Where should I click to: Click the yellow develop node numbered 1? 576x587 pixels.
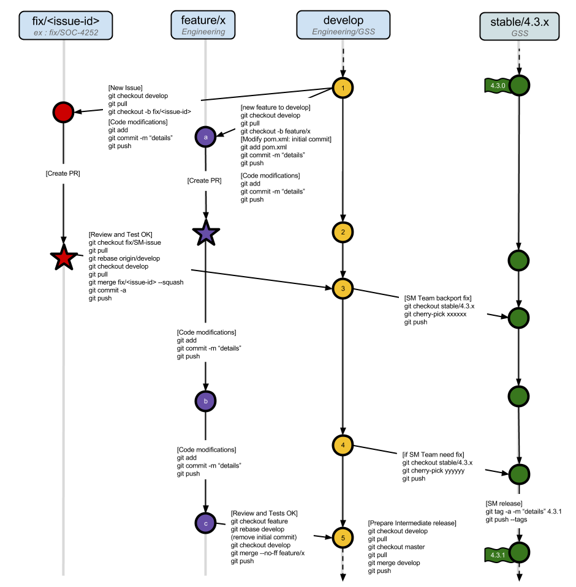(x=343, y=88)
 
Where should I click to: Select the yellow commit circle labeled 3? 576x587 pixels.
(x=343, y=288)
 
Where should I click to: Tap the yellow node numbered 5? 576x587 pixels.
(x=343, y=538)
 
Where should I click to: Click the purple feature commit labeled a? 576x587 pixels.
(x=205, y=137)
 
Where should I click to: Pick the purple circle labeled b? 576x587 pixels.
(x=205, y=402)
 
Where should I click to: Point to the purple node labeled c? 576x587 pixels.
(x=205, y=523)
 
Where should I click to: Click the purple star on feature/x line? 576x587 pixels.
(x=206, y=233)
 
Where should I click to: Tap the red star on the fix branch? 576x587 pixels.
(x=64, y=258)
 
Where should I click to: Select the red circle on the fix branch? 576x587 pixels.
(x=64, y=112)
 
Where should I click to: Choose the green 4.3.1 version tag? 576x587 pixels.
(x=497, y=555)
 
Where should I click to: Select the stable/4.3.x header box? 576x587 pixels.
(x=519, y=26)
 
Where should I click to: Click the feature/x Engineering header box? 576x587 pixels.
(x=203, y=24)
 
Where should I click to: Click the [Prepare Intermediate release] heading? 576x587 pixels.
(x=412, y=523)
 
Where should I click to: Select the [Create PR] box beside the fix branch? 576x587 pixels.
(x=63, y=174)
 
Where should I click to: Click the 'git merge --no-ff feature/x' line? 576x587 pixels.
(x=268, y=553)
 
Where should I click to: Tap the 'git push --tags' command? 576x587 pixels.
(x=506, y=519)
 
